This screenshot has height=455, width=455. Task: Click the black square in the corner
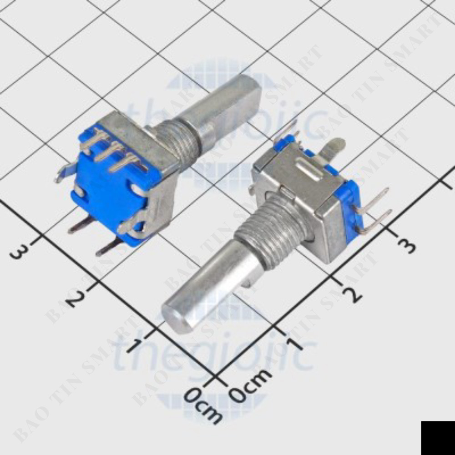coord(438,438)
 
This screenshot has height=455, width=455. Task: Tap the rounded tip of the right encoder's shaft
coord(176,316)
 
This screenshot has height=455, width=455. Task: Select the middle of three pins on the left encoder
coord(109,150)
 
